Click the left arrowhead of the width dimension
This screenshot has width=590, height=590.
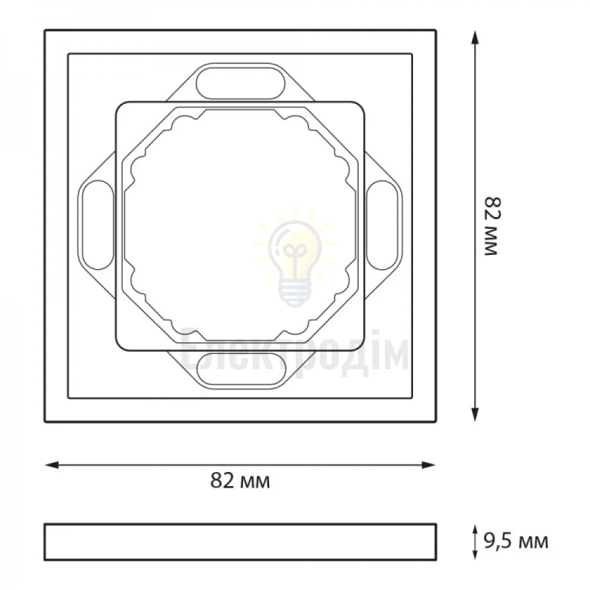(x=51, y=465)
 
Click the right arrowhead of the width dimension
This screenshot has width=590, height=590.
(x=429, y=465)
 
